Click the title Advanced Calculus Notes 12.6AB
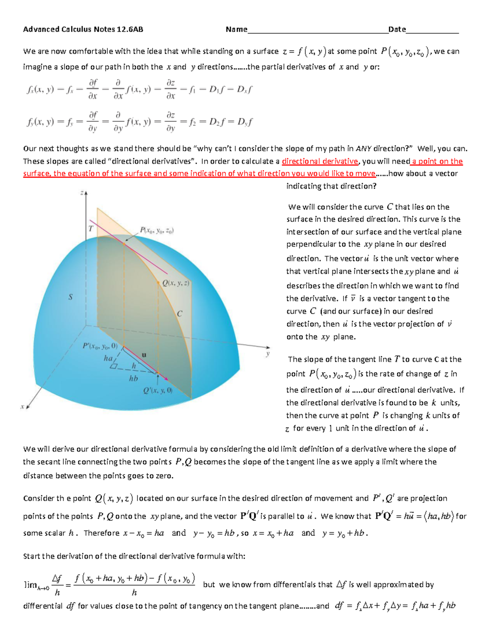(83, 29)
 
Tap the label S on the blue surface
(71, 297)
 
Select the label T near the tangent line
(91, 228)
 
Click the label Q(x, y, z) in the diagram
(175, 283)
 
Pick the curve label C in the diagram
(180, 314)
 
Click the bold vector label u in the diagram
(144, 355)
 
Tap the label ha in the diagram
(108, 358)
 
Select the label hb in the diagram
(134, 379)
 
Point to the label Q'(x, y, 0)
(158, 391)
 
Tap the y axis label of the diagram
(268, 354)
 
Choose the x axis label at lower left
(23, 407)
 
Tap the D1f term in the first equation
(218, 89)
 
